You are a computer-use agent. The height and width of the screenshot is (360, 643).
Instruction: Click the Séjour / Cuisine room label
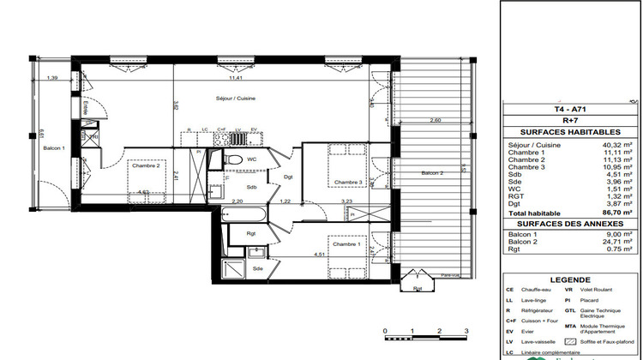[x=235, y=99]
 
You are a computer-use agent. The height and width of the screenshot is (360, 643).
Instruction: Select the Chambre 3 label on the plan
[x=349, y=182]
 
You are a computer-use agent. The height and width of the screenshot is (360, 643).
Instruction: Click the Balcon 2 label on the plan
[x=433, y=174]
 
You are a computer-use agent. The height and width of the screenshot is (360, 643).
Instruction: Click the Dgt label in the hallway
[x=288, y=177]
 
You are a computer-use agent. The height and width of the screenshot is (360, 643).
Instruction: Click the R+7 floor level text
[x=569, y=122]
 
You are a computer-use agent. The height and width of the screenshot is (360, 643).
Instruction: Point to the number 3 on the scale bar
[x=465, y=330]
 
